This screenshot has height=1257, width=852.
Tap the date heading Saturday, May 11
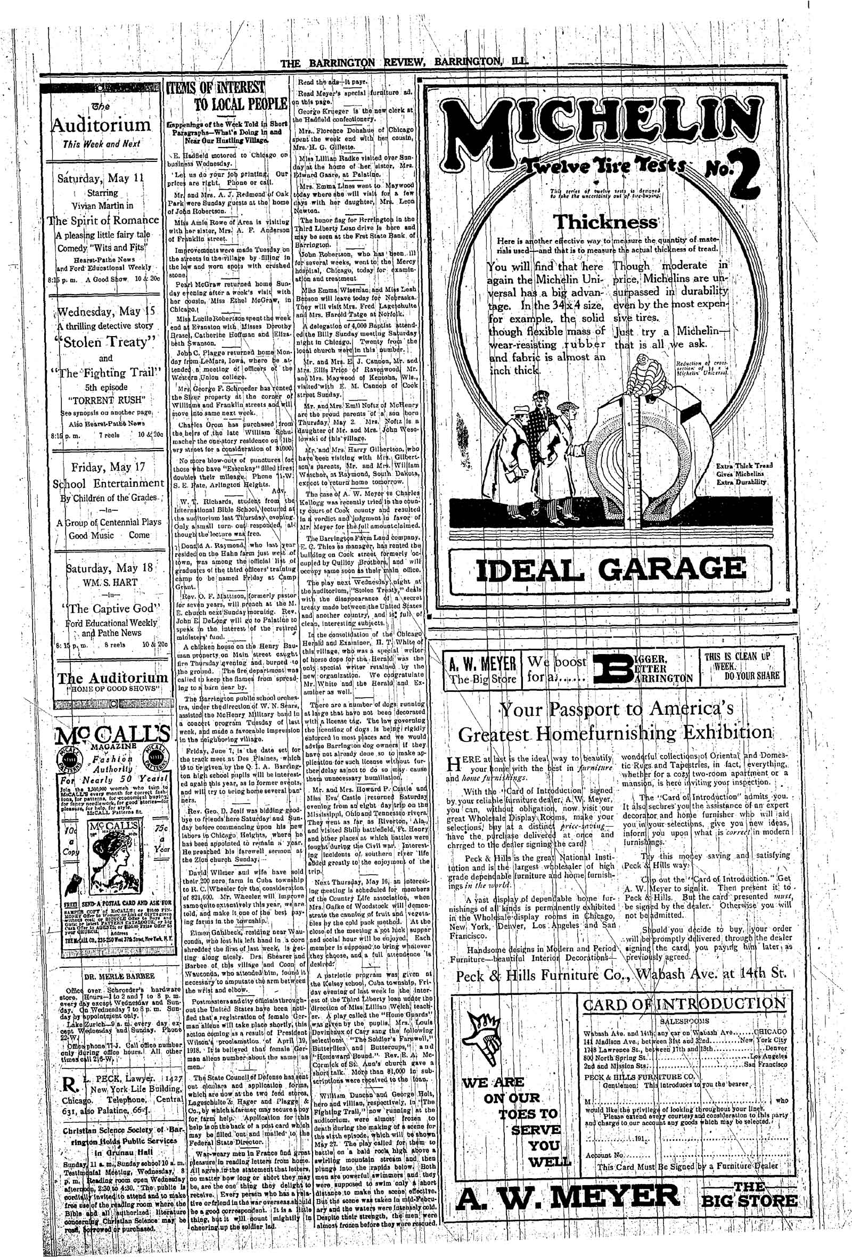tap(101, 177)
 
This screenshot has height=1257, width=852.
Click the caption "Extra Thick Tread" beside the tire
tap(744, 466)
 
